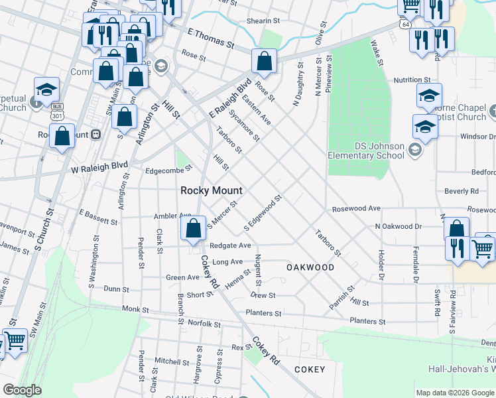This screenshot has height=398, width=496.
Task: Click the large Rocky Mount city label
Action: coord(212,190)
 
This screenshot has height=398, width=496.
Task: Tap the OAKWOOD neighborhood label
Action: coord(310,267)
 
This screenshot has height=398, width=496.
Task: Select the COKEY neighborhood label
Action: coord(310,369)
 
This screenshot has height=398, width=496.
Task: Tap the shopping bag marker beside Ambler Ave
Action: coord(193,230)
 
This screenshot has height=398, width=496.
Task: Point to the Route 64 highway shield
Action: coord(404,24)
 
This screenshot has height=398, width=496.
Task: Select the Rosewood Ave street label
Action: coord(357,208)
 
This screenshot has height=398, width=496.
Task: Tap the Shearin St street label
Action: coord(260,21)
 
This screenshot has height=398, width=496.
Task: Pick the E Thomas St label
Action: coord(212,39)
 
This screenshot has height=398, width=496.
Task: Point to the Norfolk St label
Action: coord(204,324)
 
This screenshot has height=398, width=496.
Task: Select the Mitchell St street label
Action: coord(172,362)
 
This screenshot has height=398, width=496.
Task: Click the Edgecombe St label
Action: coord(168,169)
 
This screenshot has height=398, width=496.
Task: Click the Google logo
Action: coord(22,390)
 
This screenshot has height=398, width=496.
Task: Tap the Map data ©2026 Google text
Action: coord(454,393)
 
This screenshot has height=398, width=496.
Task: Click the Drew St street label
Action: coord(263,295)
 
